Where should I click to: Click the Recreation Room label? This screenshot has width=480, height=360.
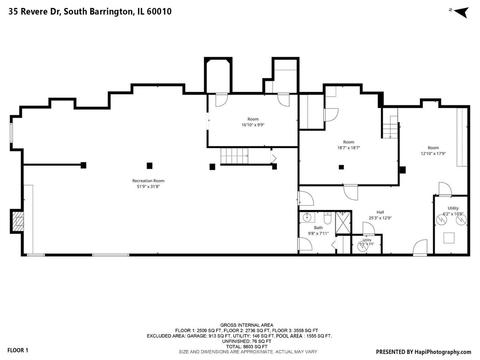(148, 181)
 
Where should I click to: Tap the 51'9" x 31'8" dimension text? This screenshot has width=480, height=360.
(148, 187)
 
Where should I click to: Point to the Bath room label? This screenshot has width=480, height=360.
(318, 228)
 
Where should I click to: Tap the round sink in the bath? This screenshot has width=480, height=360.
(307, 217)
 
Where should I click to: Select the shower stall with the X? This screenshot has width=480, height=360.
(343, 222)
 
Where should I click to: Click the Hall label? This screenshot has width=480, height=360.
(380, 212)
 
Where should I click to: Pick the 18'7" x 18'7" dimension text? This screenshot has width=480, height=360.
(348, 148)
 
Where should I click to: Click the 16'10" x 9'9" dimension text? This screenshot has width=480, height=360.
(253, 125)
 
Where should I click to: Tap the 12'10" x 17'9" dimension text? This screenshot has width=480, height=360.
(433, 154)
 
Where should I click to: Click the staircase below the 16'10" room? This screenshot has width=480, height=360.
(234, 156)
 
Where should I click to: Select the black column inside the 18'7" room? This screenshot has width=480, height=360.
(341, 167)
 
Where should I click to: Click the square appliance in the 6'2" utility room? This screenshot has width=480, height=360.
(449, 238)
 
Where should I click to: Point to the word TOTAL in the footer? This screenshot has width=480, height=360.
(234, 347)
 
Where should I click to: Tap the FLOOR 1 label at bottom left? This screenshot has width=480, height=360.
(18, 350)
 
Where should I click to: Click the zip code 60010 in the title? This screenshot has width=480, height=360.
(159, 12)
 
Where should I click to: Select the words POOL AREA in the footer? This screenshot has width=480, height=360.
(289, 336)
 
